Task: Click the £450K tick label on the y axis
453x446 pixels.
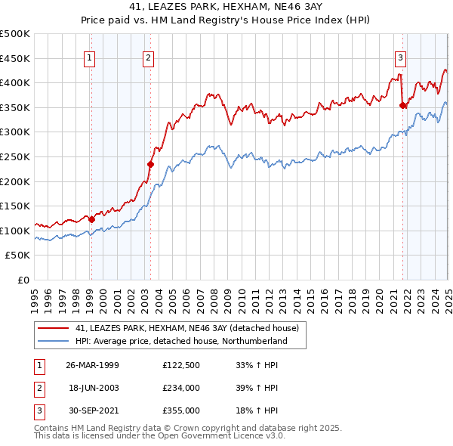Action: pos(16,58)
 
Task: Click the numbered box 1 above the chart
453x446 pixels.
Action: pos(90,58)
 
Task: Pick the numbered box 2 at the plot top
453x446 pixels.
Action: pos(149,58)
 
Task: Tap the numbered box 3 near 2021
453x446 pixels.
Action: pos(400,58)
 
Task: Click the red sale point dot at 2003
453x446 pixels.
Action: pos(150,164)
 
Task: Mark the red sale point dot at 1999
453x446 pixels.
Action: pos(92,219)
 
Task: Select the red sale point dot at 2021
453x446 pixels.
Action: pos(402,105)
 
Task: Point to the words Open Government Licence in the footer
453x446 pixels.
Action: pos(193,436)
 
